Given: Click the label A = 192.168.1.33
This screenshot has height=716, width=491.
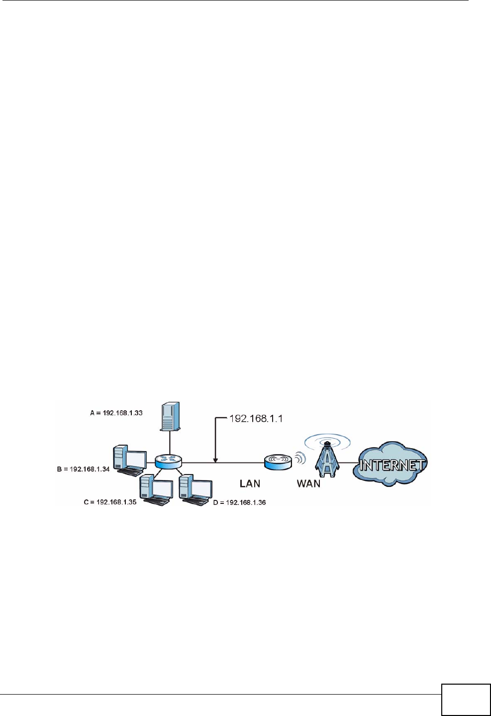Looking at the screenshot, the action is [116, 413].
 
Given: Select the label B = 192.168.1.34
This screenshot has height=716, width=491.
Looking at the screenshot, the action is [83, 469].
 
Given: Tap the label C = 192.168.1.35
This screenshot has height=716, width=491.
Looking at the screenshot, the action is [110, 502].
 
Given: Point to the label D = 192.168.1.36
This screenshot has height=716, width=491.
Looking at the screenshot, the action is [239, 502].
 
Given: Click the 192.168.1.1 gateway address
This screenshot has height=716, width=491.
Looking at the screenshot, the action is [256, 418].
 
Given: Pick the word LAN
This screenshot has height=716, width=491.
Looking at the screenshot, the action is [250, 483].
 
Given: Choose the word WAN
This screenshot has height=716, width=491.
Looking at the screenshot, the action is [308, 483].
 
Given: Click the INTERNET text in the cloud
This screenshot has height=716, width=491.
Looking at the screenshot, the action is [392, 466].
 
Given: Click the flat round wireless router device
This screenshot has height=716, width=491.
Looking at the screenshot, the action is [278, 462].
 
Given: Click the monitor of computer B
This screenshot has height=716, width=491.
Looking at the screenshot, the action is [136, 459].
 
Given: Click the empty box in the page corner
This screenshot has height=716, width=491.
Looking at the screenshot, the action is [466, 700].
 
